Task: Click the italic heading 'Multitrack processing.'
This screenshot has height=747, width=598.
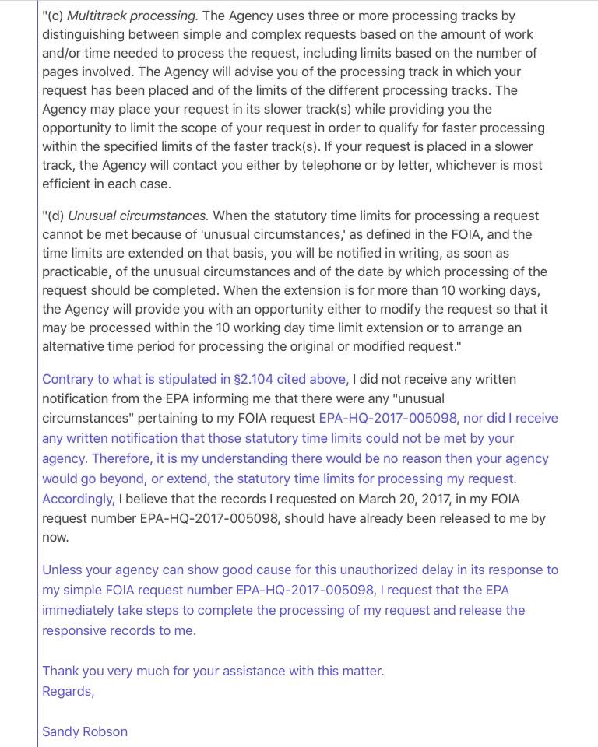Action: [132, 16]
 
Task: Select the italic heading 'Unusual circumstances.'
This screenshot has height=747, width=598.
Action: [138, 216]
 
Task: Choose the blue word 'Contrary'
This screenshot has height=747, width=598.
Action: [68, 379]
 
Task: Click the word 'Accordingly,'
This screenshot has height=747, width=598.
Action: [78, 499]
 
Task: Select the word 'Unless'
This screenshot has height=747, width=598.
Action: [62, 570]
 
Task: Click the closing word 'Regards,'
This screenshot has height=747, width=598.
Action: [68, 691]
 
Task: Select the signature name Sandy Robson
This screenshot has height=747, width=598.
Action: [85, 731]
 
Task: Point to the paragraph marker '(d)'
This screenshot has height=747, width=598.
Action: [55, 216]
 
